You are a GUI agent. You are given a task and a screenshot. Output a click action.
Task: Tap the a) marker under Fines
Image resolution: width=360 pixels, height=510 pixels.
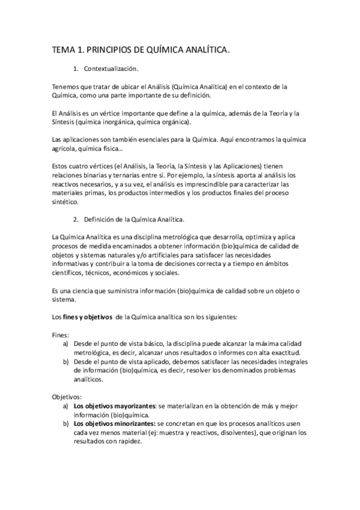coord(65,343)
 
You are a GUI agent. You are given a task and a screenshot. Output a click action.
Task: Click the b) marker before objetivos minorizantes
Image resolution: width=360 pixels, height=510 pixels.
coord(65,424)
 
